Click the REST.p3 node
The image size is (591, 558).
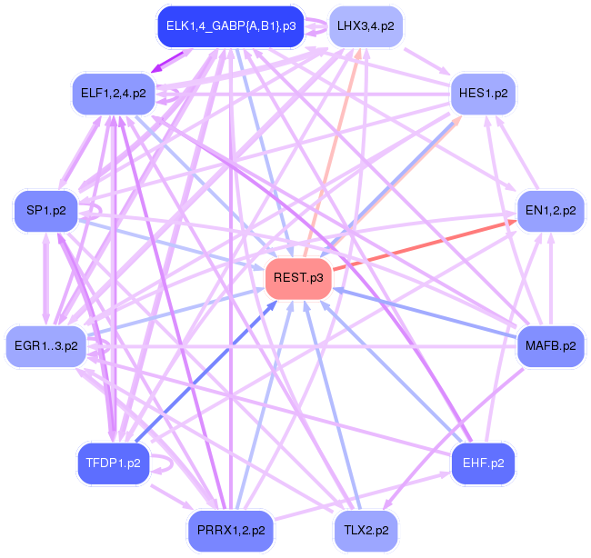coord(296,278)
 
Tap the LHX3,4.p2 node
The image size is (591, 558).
coord(366,26)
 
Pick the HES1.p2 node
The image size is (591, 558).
coord(484,94)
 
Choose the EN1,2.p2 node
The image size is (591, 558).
coord(550,211)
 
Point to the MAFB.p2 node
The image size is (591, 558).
coord(550,345)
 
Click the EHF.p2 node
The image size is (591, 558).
coord(484,463)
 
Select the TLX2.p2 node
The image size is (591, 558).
coord(366,529)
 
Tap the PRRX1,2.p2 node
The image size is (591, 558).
coord(230,529)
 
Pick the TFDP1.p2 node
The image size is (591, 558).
coord(113,463)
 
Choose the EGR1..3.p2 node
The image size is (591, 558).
coord(45,345)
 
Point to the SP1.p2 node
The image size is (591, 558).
coord(45,211)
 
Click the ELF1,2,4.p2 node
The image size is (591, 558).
coord(113,94)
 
